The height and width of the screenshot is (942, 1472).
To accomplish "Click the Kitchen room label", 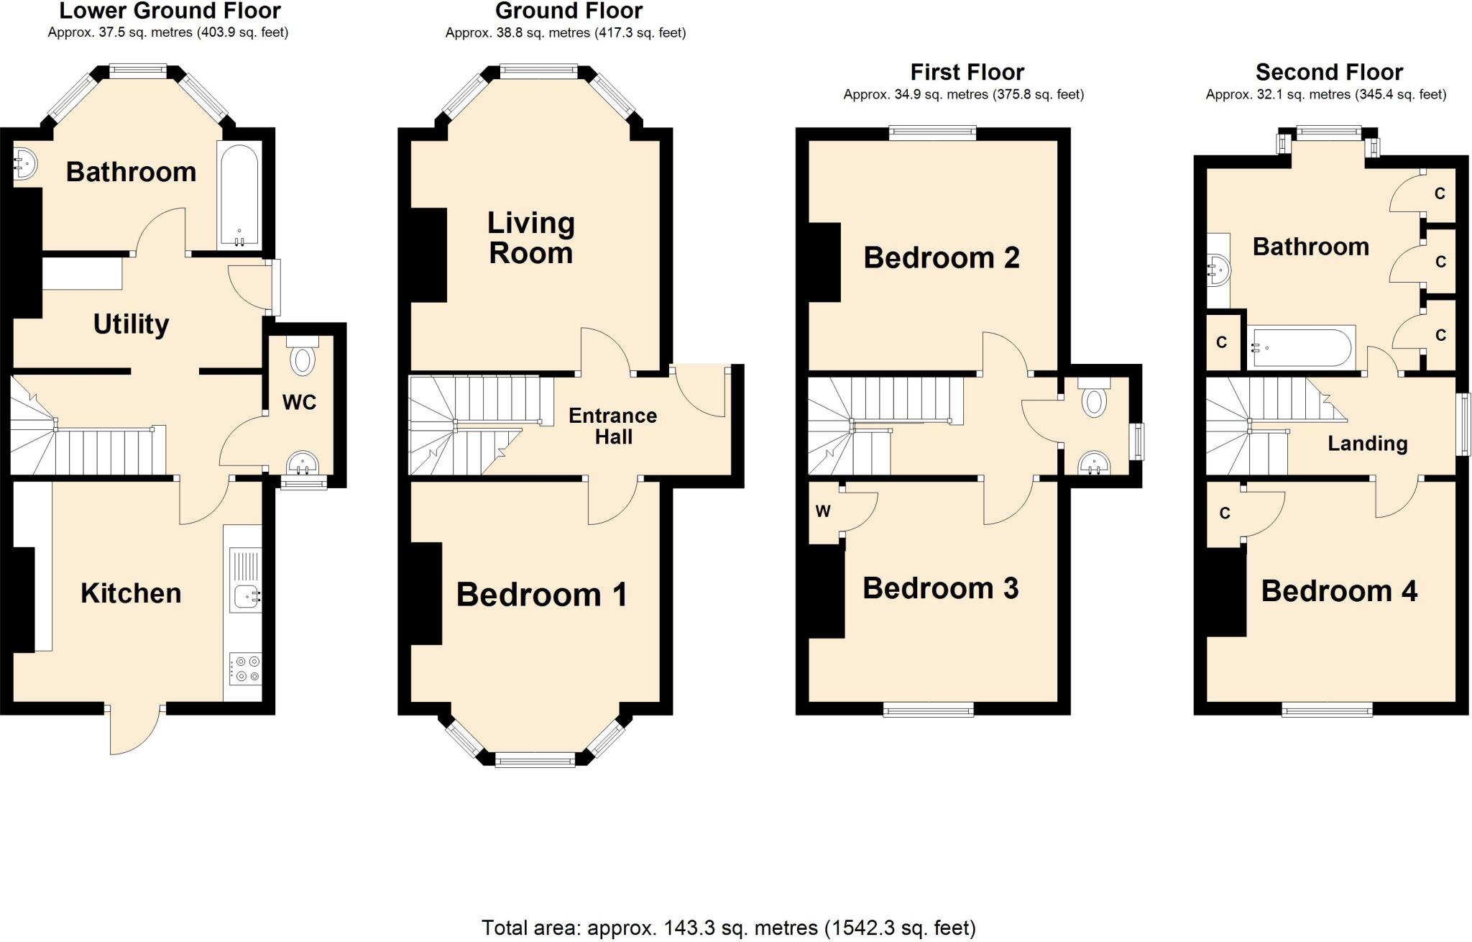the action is [x=131, y=593].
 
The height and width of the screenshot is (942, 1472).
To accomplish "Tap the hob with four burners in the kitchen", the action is [x=245, y=668].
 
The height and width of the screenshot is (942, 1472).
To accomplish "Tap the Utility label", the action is [x=131, y=324].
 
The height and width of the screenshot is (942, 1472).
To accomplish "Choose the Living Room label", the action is [x=531, y=238].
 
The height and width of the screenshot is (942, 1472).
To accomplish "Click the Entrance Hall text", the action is [x=613, y=426].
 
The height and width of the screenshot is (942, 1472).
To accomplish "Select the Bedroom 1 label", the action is [x=542, y=595].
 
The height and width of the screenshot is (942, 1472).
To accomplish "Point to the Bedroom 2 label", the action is [x=942, y=257].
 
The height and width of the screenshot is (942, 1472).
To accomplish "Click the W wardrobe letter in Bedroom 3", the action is [x=823, y=511].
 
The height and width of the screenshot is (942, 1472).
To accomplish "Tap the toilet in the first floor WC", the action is [x=1094, y=398].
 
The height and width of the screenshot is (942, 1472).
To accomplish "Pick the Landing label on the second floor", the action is [x=1367, y=443].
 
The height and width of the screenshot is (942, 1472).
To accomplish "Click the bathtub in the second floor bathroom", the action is [x=1301, y=347].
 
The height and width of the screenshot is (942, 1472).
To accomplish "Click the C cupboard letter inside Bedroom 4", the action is [x=1225, y=513].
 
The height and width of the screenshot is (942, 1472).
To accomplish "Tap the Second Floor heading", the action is [x=1329, y=72].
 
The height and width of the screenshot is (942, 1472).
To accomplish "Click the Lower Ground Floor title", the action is [x=170, y=11].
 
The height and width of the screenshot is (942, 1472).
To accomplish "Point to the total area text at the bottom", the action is [x=729, y=928].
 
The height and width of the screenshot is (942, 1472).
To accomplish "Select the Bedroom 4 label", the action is [x=1339, y=591].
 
